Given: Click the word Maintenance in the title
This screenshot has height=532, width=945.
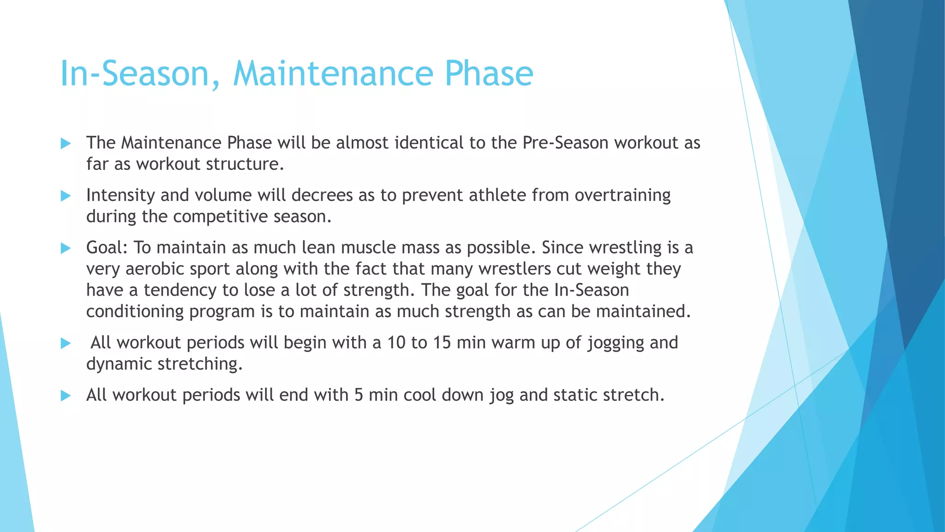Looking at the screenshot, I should coord(333,74).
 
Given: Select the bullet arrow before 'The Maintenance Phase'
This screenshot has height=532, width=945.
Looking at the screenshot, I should coord(66,144).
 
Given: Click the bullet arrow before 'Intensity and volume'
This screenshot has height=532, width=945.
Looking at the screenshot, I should coord(66,196).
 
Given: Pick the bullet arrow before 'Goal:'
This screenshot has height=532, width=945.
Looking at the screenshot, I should coord(66,248).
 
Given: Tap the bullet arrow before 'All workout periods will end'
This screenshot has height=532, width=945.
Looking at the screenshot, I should coord(66,396).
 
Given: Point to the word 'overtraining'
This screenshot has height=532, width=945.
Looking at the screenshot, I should coord(622,195).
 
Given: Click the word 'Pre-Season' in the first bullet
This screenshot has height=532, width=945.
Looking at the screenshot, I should coord(565,143).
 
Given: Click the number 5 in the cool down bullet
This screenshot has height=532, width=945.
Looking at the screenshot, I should coord(359,395).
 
